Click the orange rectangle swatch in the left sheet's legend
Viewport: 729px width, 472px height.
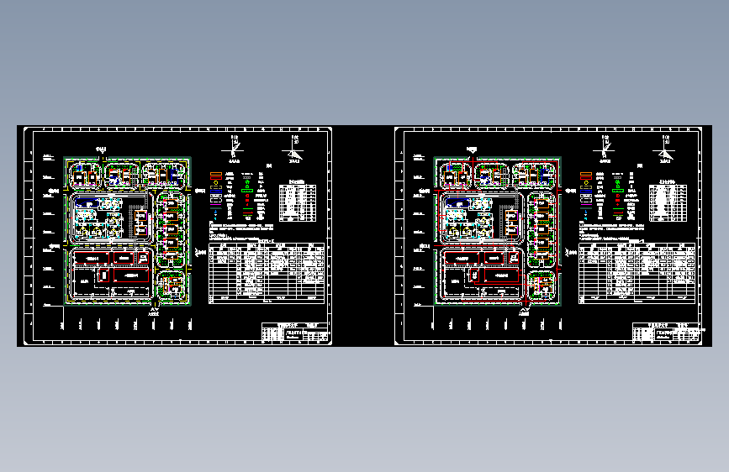tap(215, 175)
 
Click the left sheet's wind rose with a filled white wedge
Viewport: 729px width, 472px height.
tap(293, 152)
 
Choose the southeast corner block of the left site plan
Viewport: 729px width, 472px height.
tap(172, 286)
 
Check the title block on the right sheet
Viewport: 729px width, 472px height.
tap(664, 333)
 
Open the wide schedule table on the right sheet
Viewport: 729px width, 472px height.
tap(637, 271)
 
